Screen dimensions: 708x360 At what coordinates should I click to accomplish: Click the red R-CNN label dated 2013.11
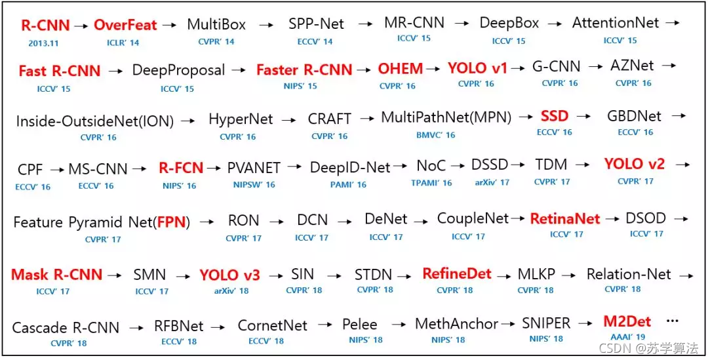click(x=46, y=26)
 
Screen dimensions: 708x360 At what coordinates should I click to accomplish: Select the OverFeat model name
click(x=125, y=25)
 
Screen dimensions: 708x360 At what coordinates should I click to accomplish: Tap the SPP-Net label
click(x=316, y=24)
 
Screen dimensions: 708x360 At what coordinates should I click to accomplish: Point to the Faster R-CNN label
click(x=304, y=70)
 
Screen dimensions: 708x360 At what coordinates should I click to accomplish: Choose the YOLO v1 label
click(x=477, y=68)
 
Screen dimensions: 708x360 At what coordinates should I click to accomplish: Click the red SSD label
click(x=555, y=116)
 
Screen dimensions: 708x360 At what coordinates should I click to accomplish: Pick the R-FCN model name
click(x=181, y=168)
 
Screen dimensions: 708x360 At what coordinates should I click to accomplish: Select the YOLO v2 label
click(x=635, y=164)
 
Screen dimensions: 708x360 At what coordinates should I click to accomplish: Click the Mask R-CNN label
click(x=57, y=274)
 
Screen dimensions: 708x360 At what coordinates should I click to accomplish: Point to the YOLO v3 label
click(x=230, y=275)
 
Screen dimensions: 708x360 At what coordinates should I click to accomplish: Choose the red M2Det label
click(x=627, y=321)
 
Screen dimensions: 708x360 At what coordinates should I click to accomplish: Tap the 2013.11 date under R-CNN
click(x=44, y=43)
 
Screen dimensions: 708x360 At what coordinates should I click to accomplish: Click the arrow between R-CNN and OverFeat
click(x=81, y=26)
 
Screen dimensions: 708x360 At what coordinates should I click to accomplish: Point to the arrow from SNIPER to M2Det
click(x=585, y=323)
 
